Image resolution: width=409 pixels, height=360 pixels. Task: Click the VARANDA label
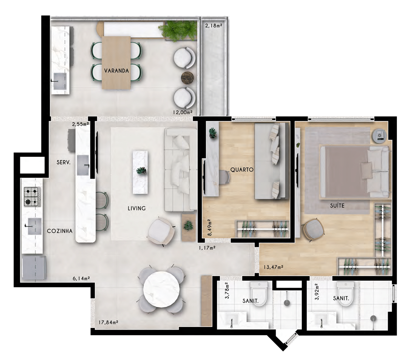coord(116,71)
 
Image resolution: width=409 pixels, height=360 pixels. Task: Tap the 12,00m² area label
coord(183,112)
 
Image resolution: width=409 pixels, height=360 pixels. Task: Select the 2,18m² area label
coord(214,26)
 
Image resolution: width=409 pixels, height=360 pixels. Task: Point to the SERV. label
coord(63,162)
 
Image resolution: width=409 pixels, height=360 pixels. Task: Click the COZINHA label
coord(60,231)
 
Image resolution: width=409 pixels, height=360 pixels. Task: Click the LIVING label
coord(137,208)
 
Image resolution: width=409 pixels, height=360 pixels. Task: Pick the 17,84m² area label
coord(108,322)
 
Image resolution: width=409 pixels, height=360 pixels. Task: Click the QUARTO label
coord(242,170)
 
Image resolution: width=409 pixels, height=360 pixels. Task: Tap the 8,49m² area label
coord(210,227)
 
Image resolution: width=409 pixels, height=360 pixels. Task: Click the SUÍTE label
coord(337,206)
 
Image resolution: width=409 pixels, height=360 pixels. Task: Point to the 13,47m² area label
coord(273,267)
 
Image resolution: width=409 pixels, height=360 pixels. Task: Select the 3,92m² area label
coord(317,292)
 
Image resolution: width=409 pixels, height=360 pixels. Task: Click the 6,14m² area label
coord(81,279)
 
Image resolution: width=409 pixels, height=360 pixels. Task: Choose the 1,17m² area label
coord(207,248)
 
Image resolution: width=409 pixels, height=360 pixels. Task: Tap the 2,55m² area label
coord(81,124)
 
